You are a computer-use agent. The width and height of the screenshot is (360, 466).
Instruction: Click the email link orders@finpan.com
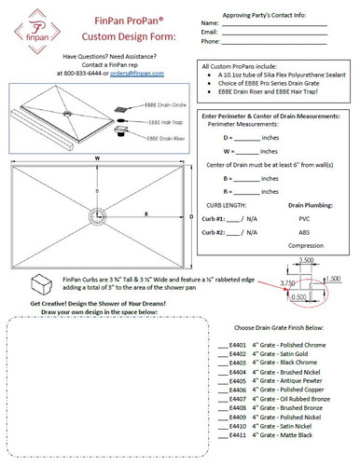[137, 72]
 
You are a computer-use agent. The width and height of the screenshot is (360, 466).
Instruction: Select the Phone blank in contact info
[280, 41]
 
